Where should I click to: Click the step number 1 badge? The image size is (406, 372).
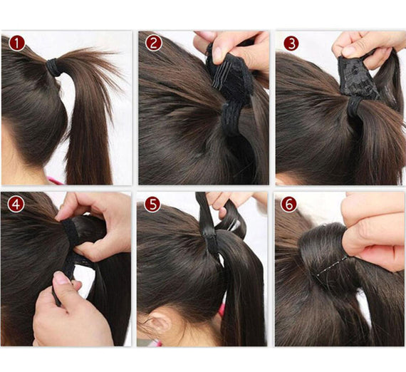point(17,43)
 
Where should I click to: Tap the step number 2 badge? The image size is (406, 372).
point(154,43)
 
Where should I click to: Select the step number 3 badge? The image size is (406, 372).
point(291,43)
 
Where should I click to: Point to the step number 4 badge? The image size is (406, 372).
point(16,204)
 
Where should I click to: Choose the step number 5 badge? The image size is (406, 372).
point(152,204)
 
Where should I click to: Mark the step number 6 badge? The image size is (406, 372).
point(289,204)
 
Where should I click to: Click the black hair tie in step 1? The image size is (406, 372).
point(53,68)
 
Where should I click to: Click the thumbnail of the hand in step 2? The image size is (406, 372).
point(217,54)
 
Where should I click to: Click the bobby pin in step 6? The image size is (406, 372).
point(332,266)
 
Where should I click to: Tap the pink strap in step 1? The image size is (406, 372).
point(55,180)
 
